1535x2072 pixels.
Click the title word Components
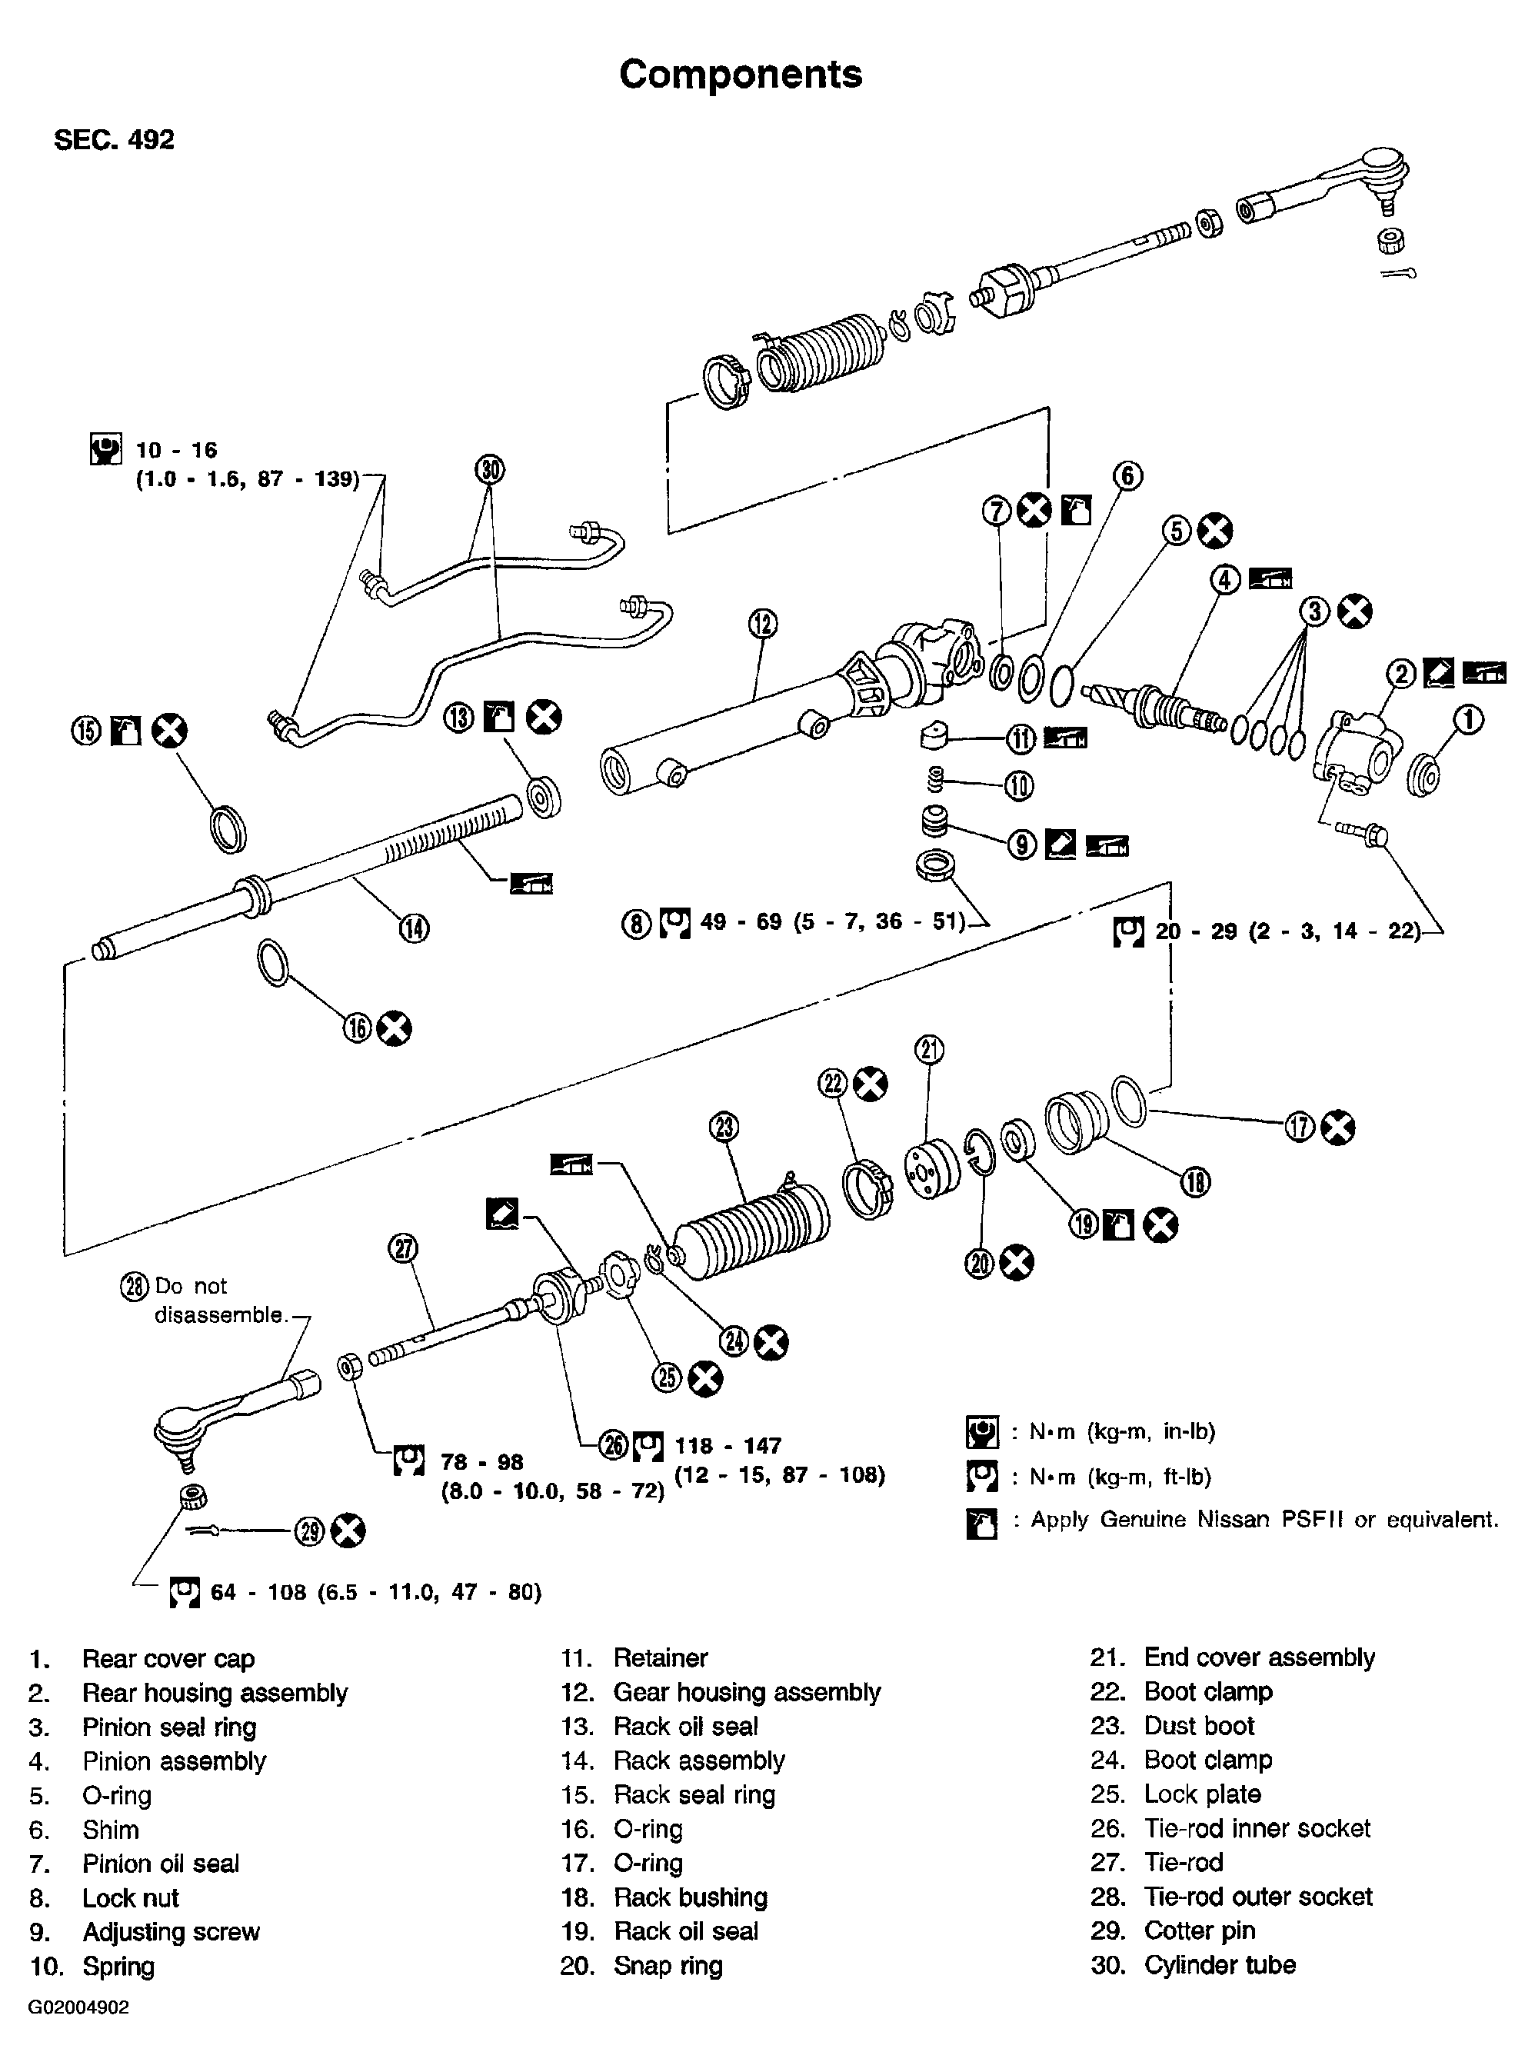point(740,75)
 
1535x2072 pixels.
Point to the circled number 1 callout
point(1468,719)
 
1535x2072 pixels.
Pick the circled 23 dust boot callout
point(724,1127)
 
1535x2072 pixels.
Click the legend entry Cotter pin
point(1199,1930)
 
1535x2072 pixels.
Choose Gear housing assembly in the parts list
point(746,1692)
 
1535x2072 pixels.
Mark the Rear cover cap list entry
point(168,1658)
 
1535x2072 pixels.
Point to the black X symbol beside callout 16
point(394,1028)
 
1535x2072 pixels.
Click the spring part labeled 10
point(936,778)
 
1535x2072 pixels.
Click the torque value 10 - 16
point(177,451)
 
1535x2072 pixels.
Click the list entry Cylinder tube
point(1219,1965)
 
